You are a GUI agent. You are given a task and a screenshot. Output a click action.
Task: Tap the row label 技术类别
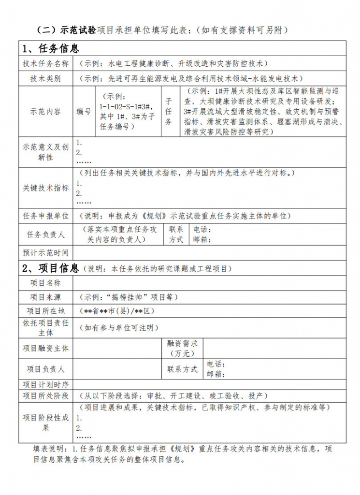46,79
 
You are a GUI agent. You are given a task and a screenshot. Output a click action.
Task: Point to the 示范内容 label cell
46,112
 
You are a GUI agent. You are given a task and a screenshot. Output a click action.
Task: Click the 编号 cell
84,112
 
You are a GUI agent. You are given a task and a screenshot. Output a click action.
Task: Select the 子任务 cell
169,112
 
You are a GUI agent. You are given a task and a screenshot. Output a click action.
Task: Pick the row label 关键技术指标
46,188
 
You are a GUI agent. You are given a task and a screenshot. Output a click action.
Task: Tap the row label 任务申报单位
46,216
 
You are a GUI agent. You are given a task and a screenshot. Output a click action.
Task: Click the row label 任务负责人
46,234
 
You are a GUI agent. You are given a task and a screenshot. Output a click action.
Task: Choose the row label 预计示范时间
46,252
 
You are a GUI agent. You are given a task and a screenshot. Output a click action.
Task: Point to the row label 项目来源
46,297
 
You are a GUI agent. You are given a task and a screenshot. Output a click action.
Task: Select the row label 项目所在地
46,311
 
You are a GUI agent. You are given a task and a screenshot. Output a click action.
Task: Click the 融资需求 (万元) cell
182,348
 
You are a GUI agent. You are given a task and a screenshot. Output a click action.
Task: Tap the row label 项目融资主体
46,348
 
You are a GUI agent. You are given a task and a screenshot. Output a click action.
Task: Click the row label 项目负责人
46,369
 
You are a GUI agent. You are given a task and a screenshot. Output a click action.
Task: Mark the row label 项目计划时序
46,385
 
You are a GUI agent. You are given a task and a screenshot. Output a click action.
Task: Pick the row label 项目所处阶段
46,396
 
